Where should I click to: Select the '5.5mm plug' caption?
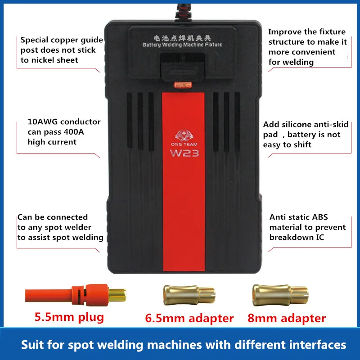[x=69, y=317]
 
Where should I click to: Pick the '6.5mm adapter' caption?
[x=189, y=319]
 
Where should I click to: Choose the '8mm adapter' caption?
[x=287, y=319]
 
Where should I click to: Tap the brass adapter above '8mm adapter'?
[x=278, y=294]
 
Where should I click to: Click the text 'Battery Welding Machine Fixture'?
[x=182, y=45]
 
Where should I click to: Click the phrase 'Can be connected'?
[x=53, y=217]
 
